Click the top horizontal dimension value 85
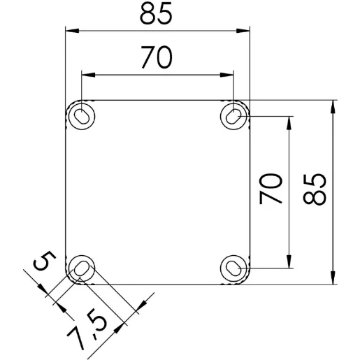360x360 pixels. point(156,14)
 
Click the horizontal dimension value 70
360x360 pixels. point(156,59)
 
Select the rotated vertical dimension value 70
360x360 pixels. point(272,189)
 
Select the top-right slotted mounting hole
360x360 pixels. point(233,115)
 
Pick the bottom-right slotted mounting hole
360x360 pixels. point(233,268)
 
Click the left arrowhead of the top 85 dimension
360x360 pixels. point(70,30)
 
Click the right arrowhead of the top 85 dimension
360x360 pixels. point(245,30)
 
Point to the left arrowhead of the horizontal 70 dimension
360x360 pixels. point(87,74)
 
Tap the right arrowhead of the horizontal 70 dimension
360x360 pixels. point(228,74)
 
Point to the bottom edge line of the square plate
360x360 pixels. point(157,285)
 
